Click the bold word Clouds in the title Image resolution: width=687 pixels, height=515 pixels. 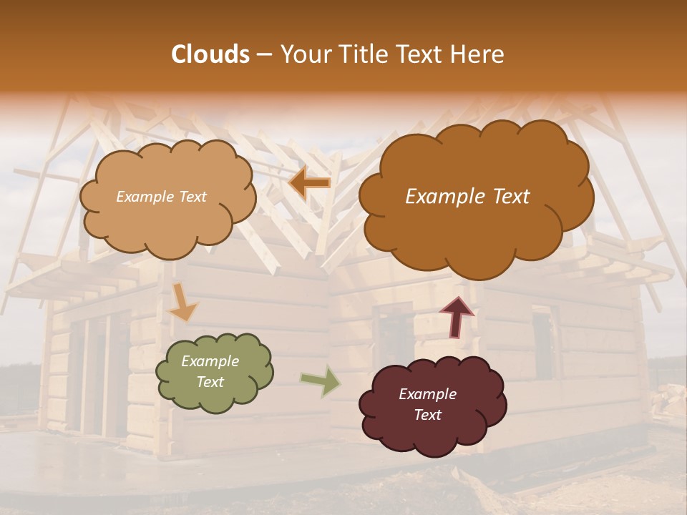click(210, 54)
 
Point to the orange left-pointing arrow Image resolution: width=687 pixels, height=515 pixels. click(309, 183)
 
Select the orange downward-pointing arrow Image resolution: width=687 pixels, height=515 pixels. click(182, 303)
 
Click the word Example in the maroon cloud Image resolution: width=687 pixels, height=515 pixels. click(427, 394)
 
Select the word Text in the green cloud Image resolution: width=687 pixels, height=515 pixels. click(210, 382)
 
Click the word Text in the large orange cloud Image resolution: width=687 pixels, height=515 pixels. click(505, 197)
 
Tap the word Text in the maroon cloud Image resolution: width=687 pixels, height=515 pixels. click(427, 415)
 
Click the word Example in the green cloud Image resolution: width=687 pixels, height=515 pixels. click(210, 361)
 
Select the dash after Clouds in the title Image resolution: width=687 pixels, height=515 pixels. click(263, 55)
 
